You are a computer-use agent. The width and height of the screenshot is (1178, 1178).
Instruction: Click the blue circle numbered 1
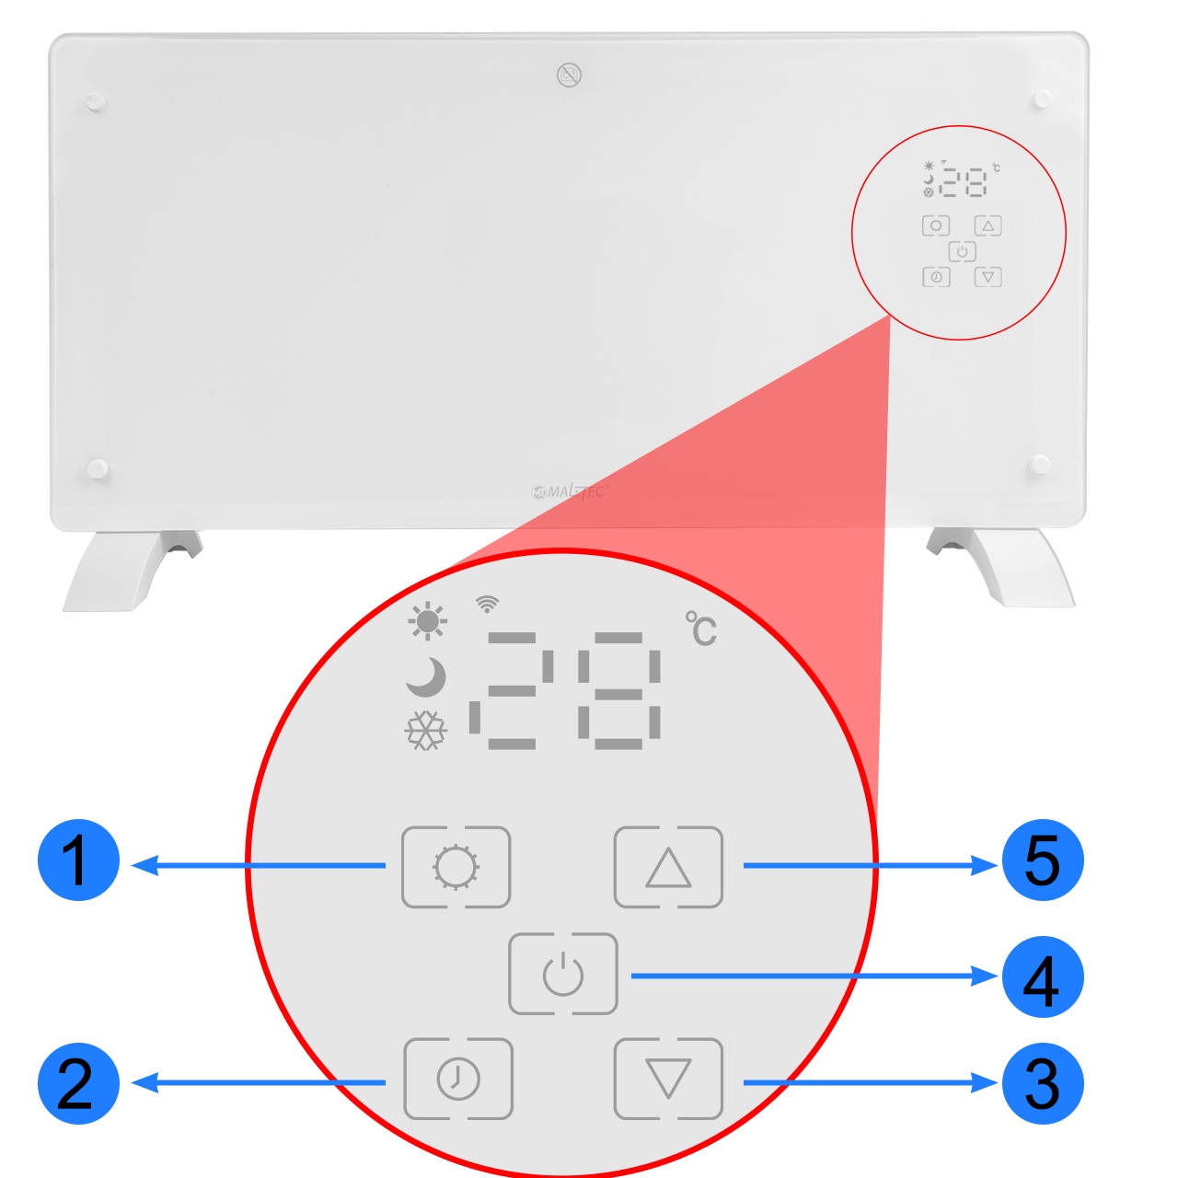point(78,860)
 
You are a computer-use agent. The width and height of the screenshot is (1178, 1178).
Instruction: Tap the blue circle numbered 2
point(78,1083)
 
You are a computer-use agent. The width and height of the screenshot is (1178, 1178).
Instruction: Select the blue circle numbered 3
point(1042,1083)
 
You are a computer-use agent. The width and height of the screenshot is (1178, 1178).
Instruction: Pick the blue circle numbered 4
point(1042,977)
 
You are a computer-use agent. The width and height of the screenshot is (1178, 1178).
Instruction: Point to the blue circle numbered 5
point(1042,860)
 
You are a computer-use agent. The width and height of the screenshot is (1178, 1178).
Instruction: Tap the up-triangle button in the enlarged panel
point(668,867)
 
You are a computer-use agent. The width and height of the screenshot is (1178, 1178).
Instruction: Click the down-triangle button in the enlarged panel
point(668,1079)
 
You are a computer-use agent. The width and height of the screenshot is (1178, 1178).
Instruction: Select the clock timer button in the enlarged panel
point(458,1079)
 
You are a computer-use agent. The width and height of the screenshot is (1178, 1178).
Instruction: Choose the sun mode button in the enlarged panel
point(456,867)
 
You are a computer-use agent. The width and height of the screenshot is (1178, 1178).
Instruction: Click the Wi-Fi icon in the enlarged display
point(487,605)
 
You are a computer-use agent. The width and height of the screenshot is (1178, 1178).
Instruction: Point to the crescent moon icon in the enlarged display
point(426,677)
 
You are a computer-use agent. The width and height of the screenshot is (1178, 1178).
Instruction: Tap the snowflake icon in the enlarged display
point(425,731)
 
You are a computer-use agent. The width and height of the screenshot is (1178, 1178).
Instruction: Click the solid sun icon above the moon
point(427,621)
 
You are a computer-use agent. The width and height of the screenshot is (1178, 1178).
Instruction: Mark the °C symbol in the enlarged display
point(701,629)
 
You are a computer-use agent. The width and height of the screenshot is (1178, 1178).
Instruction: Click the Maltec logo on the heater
point(570,491)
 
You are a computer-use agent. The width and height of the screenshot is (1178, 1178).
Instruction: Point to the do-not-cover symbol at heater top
point(570,75)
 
